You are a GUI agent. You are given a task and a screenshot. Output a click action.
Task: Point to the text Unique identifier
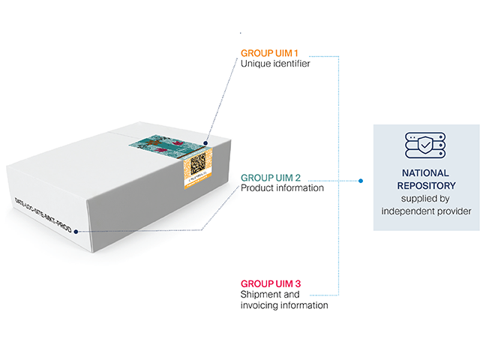coord(275,64)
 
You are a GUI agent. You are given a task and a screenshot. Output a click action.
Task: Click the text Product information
coord(282,188)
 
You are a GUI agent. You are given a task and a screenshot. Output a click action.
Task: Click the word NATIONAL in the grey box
coord(426,172)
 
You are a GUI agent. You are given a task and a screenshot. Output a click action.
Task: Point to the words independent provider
coord(426,211)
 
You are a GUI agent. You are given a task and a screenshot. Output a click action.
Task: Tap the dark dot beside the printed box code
coord(76,232)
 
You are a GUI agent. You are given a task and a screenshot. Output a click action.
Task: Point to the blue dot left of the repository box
coord(361,181)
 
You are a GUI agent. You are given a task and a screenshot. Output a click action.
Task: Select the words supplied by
coord(425,199)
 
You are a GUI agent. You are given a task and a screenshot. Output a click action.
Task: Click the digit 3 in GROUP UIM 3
coord(298,284)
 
